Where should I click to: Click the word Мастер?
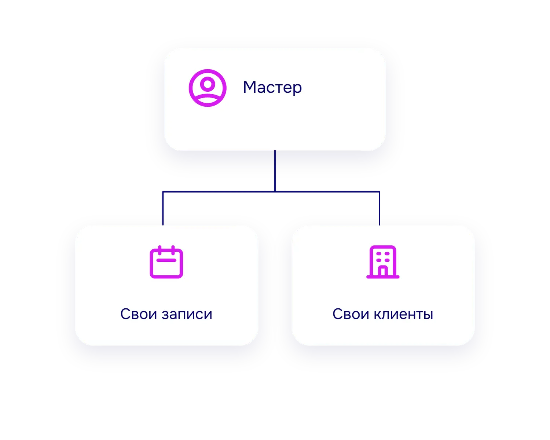click(272, 87)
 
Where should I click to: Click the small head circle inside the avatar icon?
click(208, 84)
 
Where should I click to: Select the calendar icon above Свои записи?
click(166, 262)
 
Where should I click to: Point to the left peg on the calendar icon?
click(160, 250)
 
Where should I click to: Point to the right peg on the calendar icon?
click(173, 250)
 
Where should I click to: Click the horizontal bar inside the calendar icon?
click(166, 260)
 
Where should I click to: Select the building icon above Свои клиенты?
click(383, 262)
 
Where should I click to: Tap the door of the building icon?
click(383, 271)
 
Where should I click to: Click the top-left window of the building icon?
click(379, 254)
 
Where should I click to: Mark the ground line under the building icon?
click(383, 277)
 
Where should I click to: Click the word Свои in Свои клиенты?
click(351, 314)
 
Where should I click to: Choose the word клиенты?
click(403, 315)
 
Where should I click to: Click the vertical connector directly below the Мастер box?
click(275, 171)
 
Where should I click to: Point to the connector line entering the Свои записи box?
click(163, 208)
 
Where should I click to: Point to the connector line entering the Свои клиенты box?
click(379, 208)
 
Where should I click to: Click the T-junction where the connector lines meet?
click(275, 191)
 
